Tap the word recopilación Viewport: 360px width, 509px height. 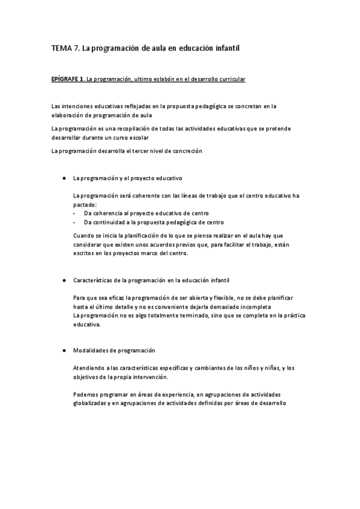[x=140, y=128]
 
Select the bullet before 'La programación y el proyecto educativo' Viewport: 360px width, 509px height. [x=63, y=178]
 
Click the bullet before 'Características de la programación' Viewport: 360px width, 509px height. [x=63, y=280]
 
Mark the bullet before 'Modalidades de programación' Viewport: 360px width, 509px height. [x=63, y=350]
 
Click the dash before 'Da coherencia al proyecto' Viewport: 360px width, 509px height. [x=74, y=212]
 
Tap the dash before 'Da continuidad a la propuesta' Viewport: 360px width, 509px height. [x=74, y=221]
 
